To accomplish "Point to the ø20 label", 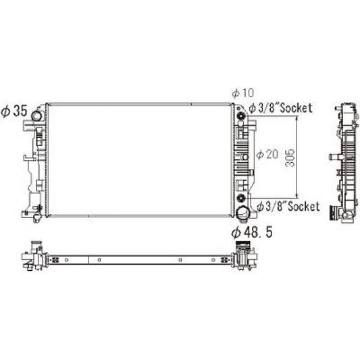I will click(267, 155).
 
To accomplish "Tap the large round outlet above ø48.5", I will click(242, 214).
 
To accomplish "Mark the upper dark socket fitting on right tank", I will click(241, 120).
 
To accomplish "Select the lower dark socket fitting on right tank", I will click(241, 198).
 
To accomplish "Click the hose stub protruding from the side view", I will click(330, 157).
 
